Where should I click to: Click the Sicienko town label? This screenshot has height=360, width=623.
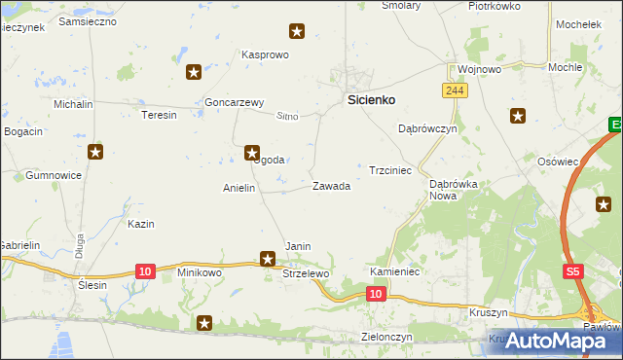pyautogui.click(x=371, y=99)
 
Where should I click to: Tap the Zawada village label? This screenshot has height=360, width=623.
pyautogui.click(x=331, y=186)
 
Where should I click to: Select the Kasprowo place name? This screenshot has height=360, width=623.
pyautogui.click(x=266, y=54)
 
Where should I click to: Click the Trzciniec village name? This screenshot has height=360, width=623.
pyautogui.click(x=390, y=169)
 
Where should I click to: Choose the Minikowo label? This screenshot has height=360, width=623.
pyautogui.click(x=200, y=273)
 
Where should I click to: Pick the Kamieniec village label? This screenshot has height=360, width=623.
pyautogui.click(x=394, y=271)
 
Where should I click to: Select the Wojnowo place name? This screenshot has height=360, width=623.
pyautogui.click(x=479, y=69)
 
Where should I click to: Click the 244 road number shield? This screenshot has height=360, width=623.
pyautogui.click(x=453, y=90)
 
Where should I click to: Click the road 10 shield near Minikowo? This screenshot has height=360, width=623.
pyautogui.click(x=144, y=270)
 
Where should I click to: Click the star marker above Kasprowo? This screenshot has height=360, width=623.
pyautogui.click(x=298, y=33)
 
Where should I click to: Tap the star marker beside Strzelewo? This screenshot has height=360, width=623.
pyautogui.click(x=268, y=258)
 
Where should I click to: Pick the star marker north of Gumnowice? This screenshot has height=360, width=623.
pyautogui.click(x=94, y=151)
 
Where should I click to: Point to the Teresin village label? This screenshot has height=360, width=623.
pyautogui.click(x=160, y=115)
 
